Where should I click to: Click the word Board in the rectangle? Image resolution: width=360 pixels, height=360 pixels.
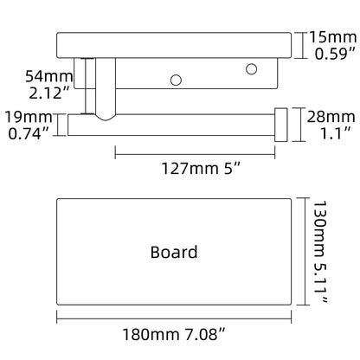pyautogui.click(x=174, y=252)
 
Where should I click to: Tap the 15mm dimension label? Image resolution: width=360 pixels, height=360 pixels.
pyautogui.click(x=332, y=37)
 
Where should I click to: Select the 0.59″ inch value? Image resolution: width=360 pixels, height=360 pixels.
pyautogui.click(x=335, y=54)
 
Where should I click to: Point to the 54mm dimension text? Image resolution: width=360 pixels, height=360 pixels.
pyautogui.click(x=49, y=76)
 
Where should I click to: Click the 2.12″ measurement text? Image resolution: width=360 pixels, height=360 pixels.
pyautogui.click(x=49, y=93)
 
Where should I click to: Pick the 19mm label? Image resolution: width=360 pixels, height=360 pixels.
pyautogui.click(x=29, y=117)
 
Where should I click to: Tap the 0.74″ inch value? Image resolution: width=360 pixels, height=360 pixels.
pyautogui.click(x=29, y=133)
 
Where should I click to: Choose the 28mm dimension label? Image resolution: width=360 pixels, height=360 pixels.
pyautogui.click(x=331, y=117)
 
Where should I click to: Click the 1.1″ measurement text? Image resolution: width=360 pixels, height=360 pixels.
pyautogui.click(x=336, y=133)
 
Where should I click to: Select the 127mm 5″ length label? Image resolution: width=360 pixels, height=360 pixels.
pyautogui.click(x=201, y=168)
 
